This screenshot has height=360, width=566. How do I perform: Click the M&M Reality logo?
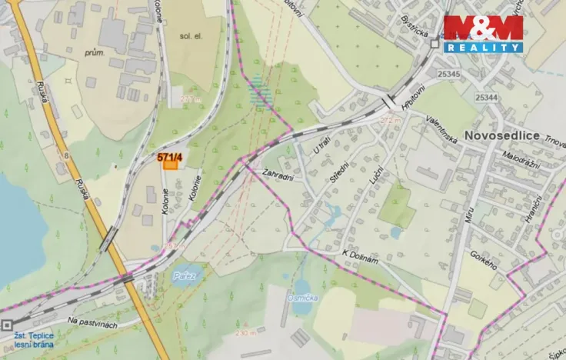(x=483, y=33)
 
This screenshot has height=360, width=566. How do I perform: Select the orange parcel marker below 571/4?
(x=170, y=165)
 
